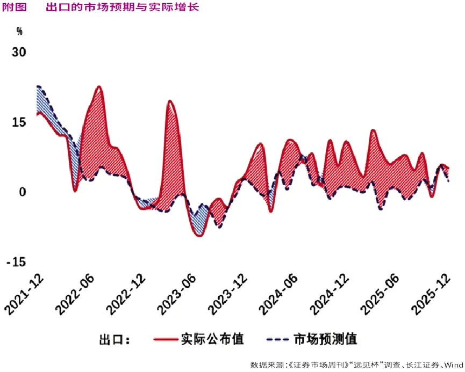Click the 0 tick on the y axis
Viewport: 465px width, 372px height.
click(23, 192)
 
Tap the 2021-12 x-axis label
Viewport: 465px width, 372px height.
click(24, 293)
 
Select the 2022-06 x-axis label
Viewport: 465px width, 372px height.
click(76, 293)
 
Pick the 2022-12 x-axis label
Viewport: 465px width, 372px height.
click(127, 293)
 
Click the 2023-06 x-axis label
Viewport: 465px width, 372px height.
click(178, 293)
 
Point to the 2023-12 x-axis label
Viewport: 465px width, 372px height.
click(228, 293)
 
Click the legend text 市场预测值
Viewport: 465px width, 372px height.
click(325, 339)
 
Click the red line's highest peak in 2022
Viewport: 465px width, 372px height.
click(99, 86)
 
